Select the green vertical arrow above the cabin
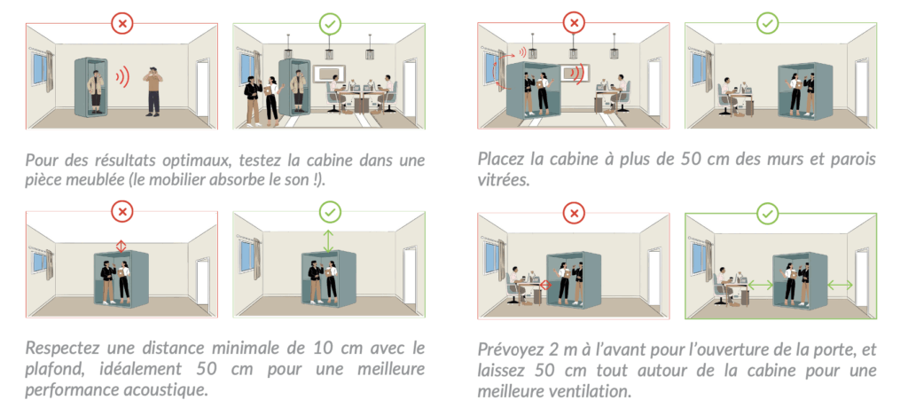328,240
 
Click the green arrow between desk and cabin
759,286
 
